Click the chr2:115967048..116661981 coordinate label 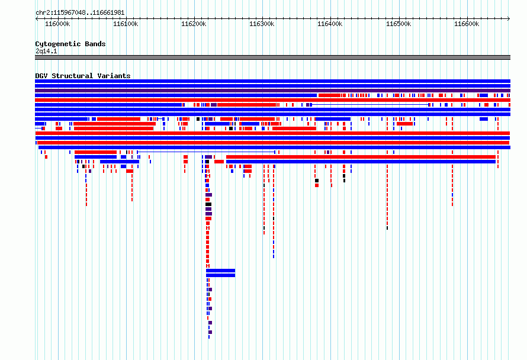pyautogui.click(x=80, y=13)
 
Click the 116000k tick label pyautogui.click(x=57, y=24)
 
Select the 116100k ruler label pyautogui.click(x=126, y=24)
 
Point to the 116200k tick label pyautogui.click(x=194, y=24)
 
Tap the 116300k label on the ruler pyautogui.click(x=262, y=24)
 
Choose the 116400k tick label pyautogui.click(x=330, y=24)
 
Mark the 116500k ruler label pyautogui.click(x=399, y=24)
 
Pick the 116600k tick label pyautogui.click(x=467, y=24)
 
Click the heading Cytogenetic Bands pyautogui.click(x=70, y=44)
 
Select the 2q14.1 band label pyautogui.click(x=46, y=51)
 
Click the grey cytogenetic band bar pyautogui.click(x=272, y=57)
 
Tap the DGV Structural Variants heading pyautogui.click(x=83, y=76)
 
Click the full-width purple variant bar pyautogui.click(x=272, y=91)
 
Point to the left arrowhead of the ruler pyautogui.click(x=36, y=19)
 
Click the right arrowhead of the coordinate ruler pyautogui.click(x=509, y=19)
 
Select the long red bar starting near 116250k pyautogui.click(x=361, y=157)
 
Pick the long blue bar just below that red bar pyautogui.click(x=361, y=162)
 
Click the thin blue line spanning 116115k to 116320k pyautogui.click(x=206, y=152)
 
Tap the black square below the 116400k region pyautogui.click(x=317, y=181)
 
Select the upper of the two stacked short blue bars pyautogui.click(x=220, y=271)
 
